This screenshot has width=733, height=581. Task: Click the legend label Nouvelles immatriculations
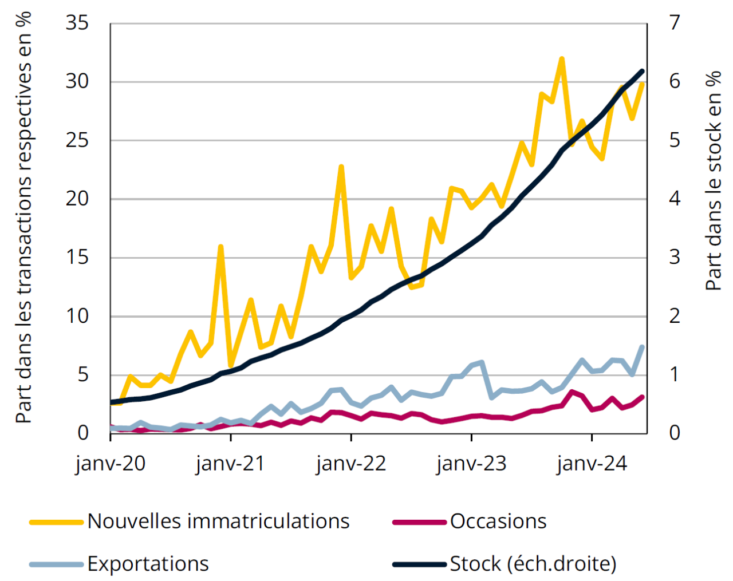(218, 521)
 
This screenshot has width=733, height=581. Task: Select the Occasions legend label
(498, 521)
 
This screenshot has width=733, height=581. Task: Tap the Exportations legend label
(148, 564)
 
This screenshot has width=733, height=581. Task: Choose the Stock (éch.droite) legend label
(533, 564)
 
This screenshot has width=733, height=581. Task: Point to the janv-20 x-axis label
(111, 463)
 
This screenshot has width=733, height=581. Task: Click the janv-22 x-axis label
(351, 463)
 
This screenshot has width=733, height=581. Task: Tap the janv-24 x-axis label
(592, 463)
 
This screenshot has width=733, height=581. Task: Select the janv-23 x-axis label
(471, 463)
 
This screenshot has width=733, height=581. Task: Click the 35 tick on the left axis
(77, 23)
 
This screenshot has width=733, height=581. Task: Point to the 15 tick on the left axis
(77, 258)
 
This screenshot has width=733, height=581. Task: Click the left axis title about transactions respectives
(23, 218)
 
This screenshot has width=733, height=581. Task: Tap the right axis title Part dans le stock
(714, 180)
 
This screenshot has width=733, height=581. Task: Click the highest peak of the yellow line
(562, 58)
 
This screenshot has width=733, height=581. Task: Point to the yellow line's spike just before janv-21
(220, 247)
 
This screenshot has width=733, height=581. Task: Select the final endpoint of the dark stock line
(642, 72)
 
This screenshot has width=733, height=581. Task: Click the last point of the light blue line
(642, 347)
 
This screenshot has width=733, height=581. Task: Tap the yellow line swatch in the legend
(56, 522)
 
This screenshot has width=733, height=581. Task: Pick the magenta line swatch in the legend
(419, 522)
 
